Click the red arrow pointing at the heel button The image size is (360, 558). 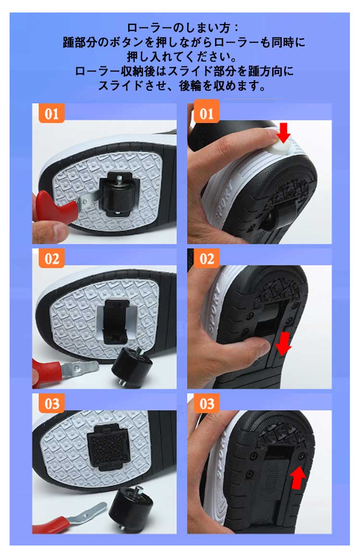coord(284,133)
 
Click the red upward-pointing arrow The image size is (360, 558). coord(298,478)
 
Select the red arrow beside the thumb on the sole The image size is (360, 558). coord(283,344)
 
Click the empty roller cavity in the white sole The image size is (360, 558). coord(116,322)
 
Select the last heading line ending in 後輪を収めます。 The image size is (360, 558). coord(182,86)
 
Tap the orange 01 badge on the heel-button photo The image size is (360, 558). coord(206,113)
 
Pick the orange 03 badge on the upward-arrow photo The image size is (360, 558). coord(206,403)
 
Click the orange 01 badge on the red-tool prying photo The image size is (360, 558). coord(51,113)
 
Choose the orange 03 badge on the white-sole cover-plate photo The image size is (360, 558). coord(51,403)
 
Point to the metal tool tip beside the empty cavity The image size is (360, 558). coord(80,367)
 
